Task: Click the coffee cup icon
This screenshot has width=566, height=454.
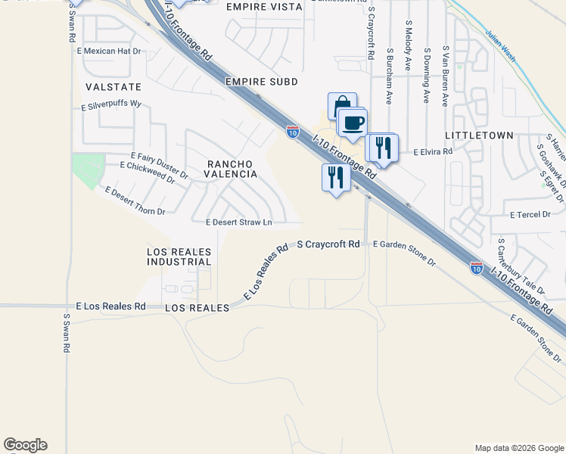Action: (353, 123)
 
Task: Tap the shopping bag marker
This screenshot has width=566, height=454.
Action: (341, 106)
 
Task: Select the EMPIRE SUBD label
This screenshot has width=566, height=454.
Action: (261, 81)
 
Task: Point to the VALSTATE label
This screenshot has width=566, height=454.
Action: (114, 87)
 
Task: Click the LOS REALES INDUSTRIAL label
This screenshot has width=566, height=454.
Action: (179, 256)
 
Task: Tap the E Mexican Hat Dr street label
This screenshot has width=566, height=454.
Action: (109, 51)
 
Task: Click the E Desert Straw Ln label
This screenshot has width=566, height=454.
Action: (238, 222)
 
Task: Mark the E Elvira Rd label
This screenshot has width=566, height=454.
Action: (432, 152)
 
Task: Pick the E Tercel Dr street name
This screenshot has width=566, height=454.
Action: (530, 215)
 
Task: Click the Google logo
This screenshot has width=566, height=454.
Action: (25, 445)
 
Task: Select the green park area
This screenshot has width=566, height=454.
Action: (89, 171)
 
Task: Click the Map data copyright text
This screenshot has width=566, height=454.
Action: (518, 448)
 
